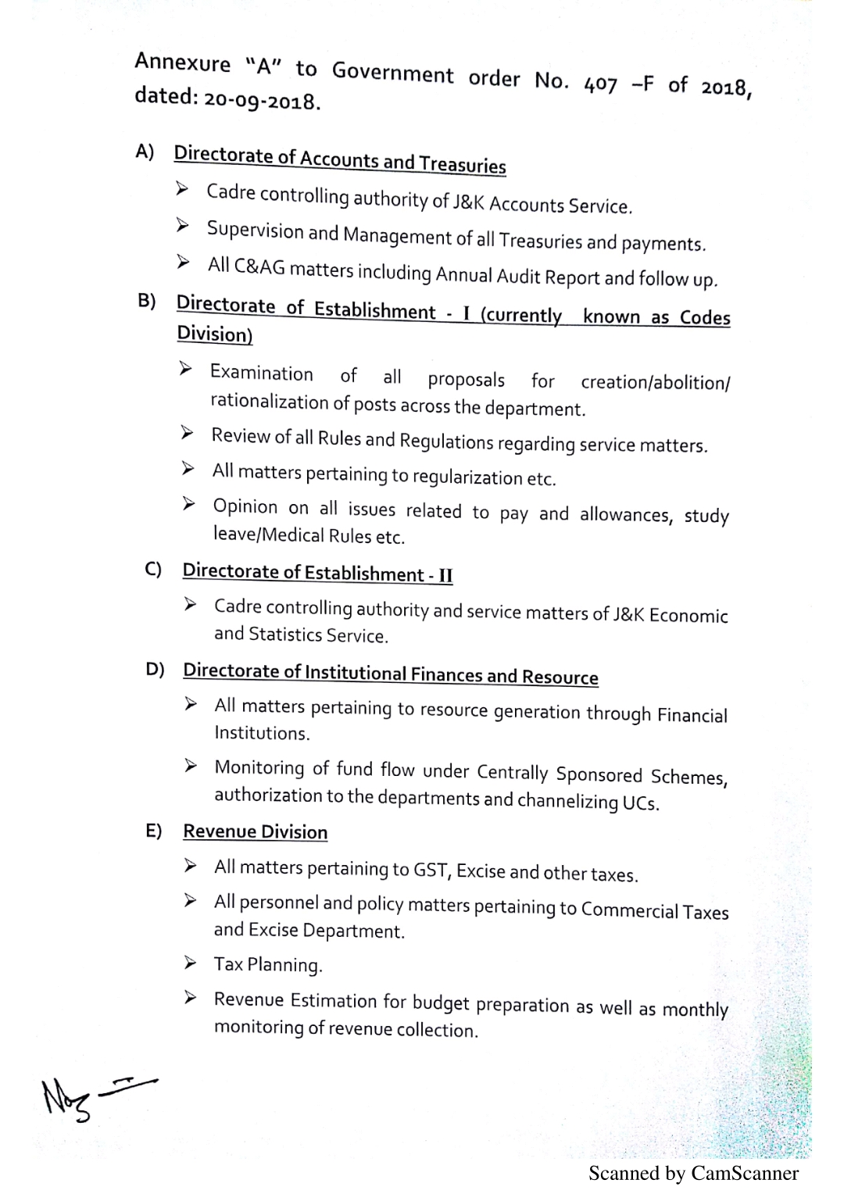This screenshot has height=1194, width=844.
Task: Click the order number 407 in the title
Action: click(x=600, y=84)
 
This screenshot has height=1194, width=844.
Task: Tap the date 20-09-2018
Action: click(x=262, y=100)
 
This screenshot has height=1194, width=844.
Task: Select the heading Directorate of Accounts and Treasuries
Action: click(x=340, y=159)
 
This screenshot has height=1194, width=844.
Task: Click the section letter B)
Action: click(x=147, y=301)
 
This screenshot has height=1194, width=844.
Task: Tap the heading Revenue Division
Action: click(x=256, y=831)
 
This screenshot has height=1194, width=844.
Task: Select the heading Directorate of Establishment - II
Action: click(x=317, y=574)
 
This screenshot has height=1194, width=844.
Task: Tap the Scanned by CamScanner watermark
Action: click(x=693, y=1174)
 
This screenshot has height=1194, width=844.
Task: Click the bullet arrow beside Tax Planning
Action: click(x=191, y=963)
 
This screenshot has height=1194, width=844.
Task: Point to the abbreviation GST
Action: click(x=432, y=870)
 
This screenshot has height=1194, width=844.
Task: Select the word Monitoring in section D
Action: click(x=259, y=767)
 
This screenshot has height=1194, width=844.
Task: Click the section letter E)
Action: click(x=154, y=830)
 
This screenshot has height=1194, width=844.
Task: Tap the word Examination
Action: click(x=261, y=373)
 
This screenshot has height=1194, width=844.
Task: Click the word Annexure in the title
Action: click(x=183, y=63)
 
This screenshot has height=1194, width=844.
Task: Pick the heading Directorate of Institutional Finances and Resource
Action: click(x=391, y=674)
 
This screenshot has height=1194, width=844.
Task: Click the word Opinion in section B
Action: click(x=245, y=506)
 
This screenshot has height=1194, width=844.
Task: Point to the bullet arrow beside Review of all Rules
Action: click(x=188, y=433)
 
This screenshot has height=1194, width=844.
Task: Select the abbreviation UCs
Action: click(x=641, y=803)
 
